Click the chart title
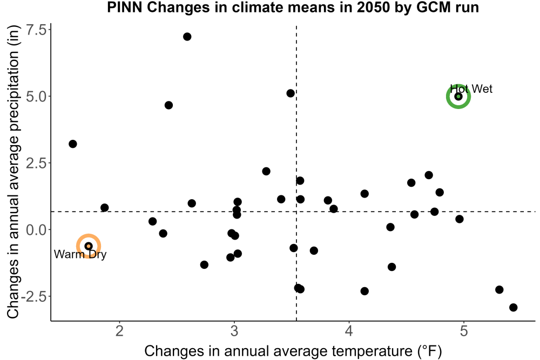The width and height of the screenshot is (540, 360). tap(293, 7)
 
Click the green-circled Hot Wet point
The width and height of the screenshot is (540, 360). tap(458, 97)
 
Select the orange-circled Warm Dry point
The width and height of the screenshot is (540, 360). tap(89, 246)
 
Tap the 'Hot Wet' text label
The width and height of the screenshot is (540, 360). tap(471, 89)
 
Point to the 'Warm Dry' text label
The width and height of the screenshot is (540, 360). tap(80, 254)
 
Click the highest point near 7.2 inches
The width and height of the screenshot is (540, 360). tap(187, 37)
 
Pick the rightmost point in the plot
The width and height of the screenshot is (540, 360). tap(513, 307)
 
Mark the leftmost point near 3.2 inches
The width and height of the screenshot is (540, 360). tap(73, 144)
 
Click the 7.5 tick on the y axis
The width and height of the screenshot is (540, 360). tap(36, 30)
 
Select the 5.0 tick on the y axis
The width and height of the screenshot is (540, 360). tap(36, 97)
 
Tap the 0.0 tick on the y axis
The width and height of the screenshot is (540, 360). tap(36, 229)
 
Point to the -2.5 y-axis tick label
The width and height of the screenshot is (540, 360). tap(33, 296)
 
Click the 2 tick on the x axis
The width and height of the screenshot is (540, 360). tap(119, 331)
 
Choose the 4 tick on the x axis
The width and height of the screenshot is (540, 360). tap(349, 331)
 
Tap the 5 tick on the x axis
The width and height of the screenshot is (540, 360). tap(464, 331)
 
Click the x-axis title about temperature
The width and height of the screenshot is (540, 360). tap(293, 351)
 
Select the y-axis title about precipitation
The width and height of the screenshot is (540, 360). tap(13, 172)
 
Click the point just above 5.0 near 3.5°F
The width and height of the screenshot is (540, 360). tap(291, 93)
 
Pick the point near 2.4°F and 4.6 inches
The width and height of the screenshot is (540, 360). tap(168, 105)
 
